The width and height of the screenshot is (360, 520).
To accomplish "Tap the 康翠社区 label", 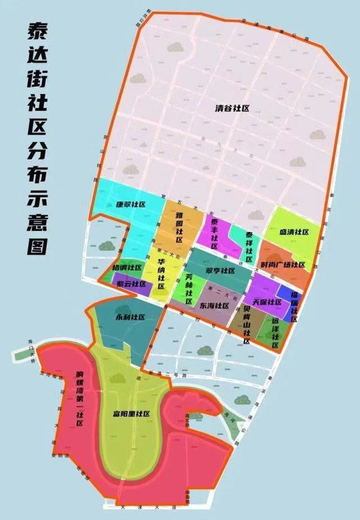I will tap(130, 204).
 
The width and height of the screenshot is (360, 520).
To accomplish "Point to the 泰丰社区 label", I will tap(214, 231).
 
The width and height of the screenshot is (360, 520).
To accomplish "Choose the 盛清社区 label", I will tap(294, 232).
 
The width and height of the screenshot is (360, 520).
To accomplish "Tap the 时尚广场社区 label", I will tap(283, 265).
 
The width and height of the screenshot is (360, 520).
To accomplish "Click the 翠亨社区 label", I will tap(220, 271).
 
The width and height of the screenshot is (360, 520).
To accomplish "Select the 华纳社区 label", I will tap(161, 274).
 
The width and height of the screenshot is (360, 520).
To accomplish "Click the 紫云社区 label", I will tap(131, 284).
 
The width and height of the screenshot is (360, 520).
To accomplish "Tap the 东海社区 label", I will tap(214, 306).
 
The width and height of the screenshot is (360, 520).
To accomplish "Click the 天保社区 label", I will tap(267, 302).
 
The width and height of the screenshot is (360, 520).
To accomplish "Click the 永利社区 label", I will tap(130, 317).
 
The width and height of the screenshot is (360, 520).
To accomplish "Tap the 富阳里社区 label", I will tap(131, 414).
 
